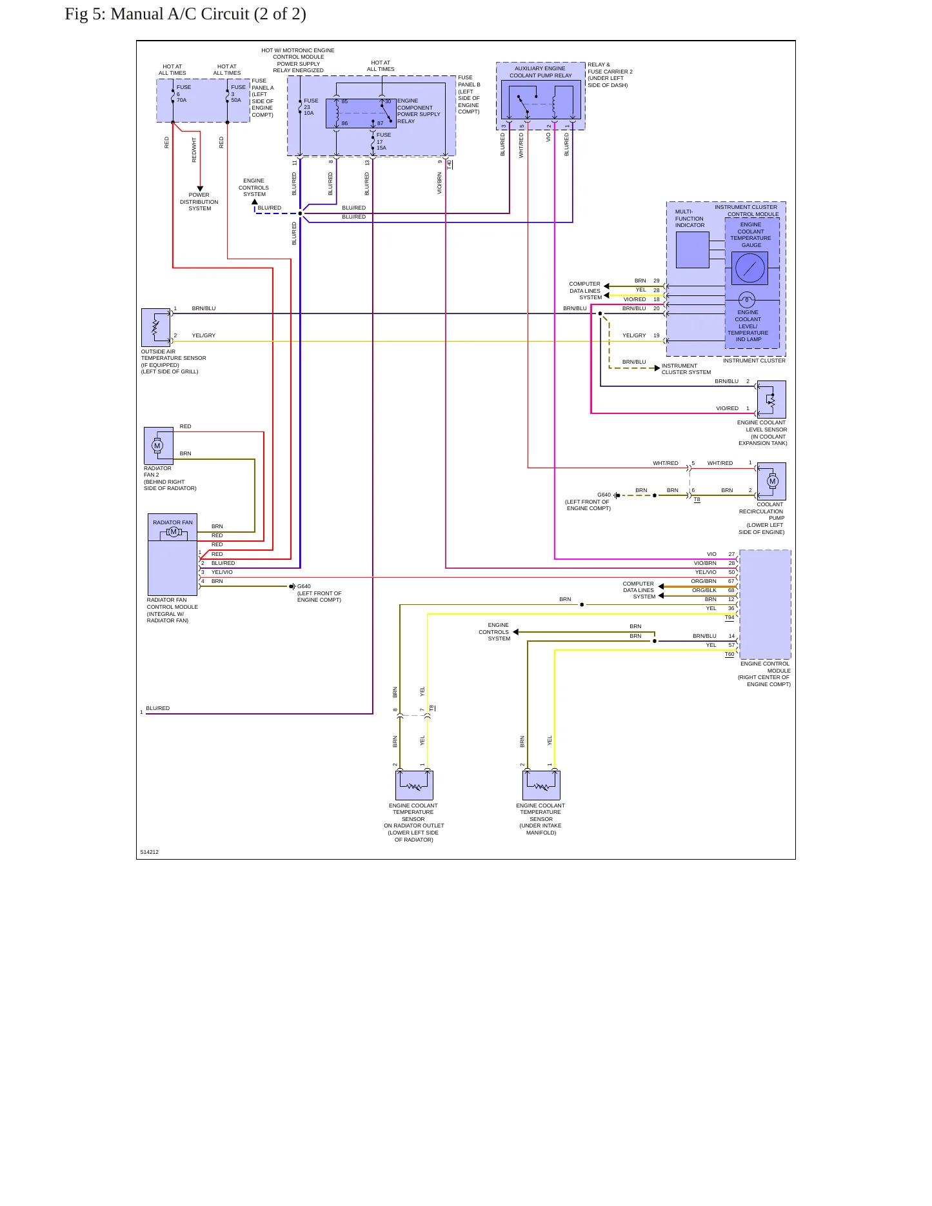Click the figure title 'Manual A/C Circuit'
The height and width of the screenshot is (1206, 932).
coord(180,14)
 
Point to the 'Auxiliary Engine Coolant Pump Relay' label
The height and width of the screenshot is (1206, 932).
coord(540,72)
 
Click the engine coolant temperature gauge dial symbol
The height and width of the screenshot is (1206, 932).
coord(749,268)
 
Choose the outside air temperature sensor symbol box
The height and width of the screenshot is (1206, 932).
coord(155,328)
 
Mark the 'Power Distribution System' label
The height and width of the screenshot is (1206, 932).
coord(199,202)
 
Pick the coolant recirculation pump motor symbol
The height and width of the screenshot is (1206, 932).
coord(771,481)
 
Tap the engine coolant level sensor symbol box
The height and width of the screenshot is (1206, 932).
coord(771,399)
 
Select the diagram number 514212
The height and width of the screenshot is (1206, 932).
coord(150,852)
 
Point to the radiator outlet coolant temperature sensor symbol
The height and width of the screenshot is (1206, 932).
coord(414,786)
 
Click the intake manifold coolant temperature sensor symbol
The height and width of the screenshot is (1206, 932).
coord(541,786)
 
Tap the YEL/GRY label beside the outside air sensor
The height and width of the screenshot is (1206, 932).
coord(204,335)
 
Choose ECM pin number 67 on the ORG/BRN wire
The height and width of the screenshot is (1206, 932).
coord(731,581)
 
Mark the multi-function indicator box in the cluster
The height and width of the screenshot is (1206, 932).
coord(693,250)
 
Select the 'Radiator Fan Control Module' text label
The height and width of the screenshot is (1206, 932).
coord(172,610)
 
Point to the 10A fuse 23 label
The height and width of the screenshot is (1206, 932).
coord(311,107)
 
